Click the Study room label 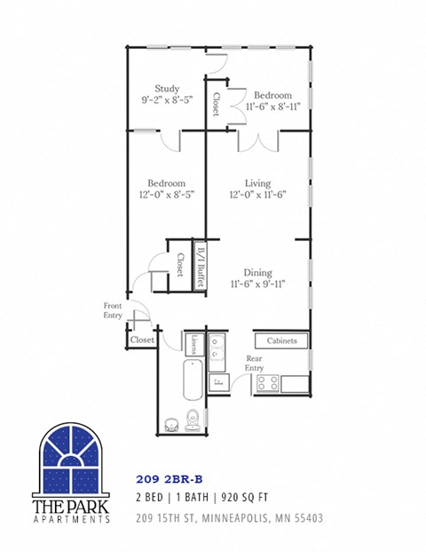(167, 89)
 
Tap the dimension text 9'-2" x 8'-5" (167, 102)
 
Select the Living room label (257, 183)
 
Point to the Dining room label (257, 273)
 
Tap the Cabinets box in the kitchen (281, 340)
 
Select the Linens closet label (195, 343)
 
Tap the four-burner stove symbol (268, 383)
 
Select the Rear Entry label (254, 364)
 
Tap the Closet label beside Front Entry (142, 340)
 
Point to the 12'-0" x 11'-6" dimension (257, 195)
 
